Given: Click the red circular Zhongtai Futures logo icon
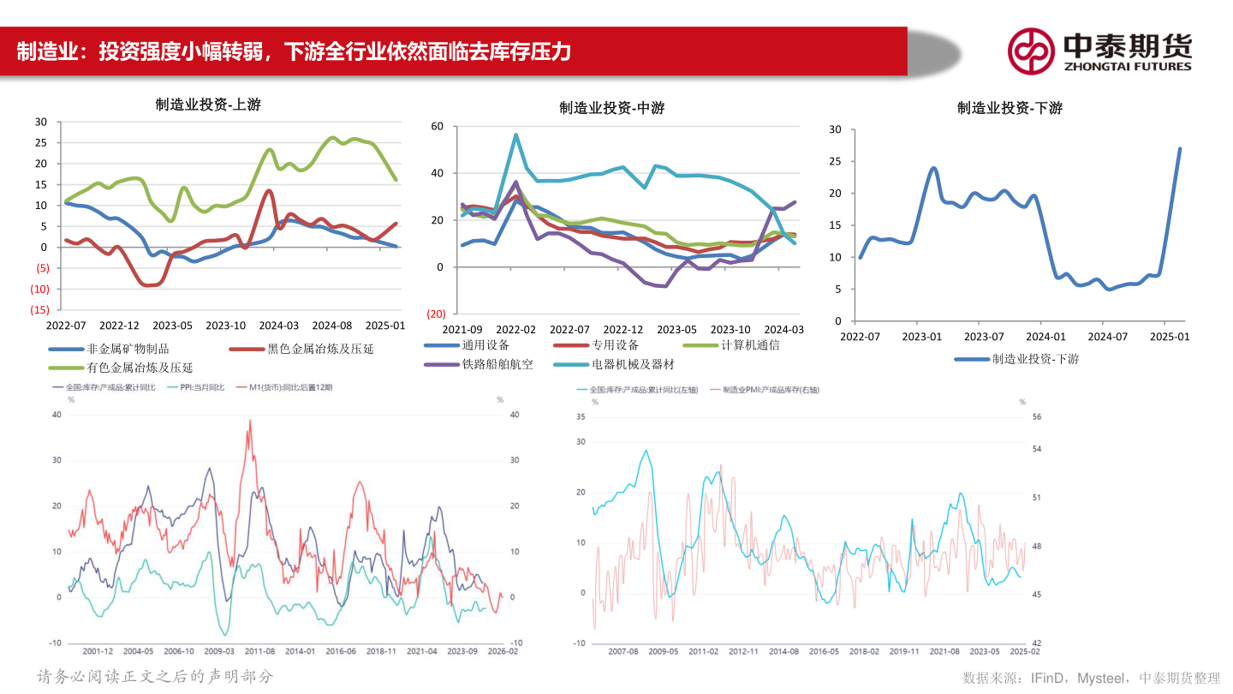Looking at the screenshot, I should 1030,51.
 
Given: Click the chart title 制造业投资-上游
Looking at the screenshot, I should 208,105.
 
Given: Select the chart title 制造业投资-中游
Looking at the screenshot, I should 611,107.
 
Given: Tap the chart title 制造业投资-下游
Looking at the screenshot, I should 1010,108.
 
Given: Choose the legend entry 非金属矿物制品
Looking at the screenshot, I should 128,349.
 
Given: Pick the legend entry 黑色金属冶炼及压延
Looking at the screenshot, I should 320,349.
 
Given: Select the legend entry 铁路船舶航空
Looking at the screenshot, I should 497,364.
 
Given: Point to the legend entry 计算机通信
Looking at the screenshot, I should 750,344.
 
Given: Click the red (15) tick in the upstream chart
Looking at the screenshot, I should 39,309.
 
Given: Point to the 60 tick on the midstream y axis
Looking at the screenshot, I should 437,127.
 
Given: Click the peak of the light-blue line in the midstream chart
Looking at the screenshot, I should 516,135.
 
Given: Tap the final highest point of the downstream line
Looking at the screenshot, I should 1180,148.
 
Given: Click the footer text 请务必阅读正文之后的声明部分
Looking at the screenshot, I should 155,676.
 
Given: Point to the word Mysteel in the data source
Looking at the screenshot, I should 1103,678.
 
